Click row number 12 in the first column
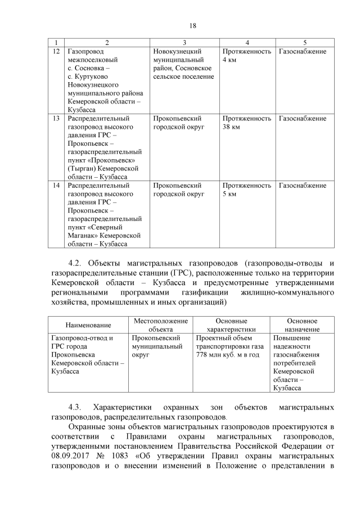[x=55, y=51]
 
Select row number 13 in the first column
[x=55, y=119]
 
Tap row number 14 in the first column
[x=55, y=186]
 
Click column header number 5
[x=305, y=42]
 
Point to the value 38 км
[x=231, y=127]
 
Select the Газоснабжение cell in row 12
[x=303, y=51]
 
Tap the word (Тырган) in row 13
[x=82, y=168]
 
